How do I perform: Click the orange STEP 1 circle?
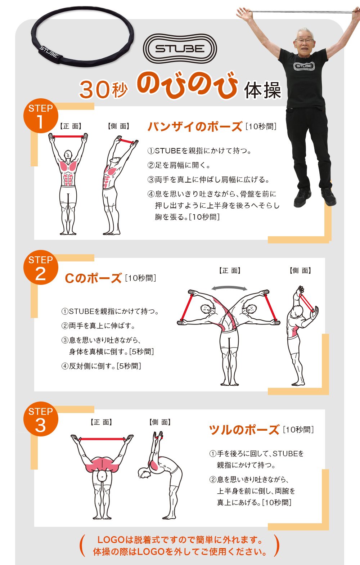[x=41, y=116]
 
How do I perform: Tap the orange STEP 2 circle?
[x=41, y=267]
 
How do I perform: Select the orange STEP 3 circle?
[x=41, y=419]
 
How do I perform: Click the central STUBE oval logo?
[x=180, y=49]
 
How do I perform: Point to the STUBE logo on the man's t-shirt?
[x=304, y=66]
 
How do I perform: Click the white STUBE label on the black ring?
[x=49, y=52]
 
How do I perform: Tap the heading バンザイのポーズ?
[x=195, y=126]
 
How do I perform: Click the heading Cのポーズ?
[x=93, y=278]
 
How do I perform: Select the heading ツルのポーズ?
[x=244, y=430]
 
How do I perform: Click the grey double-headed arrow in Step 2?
[x=229, y=288]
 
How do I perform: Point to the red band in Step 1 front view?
[x=68, y=137]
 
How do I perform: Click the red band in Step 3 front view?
[x=102, y=439]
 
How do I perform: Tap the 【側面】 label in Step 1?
[x=118, y=126]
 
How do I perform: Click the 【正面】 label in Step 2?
[x=229, y=271]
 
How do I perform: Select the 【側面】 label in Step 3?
[x=160, y=422]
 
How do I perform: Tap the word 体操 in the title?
[x=262, y=90]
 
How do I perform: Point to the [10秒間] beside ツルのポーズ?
[x=298, y=430]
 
